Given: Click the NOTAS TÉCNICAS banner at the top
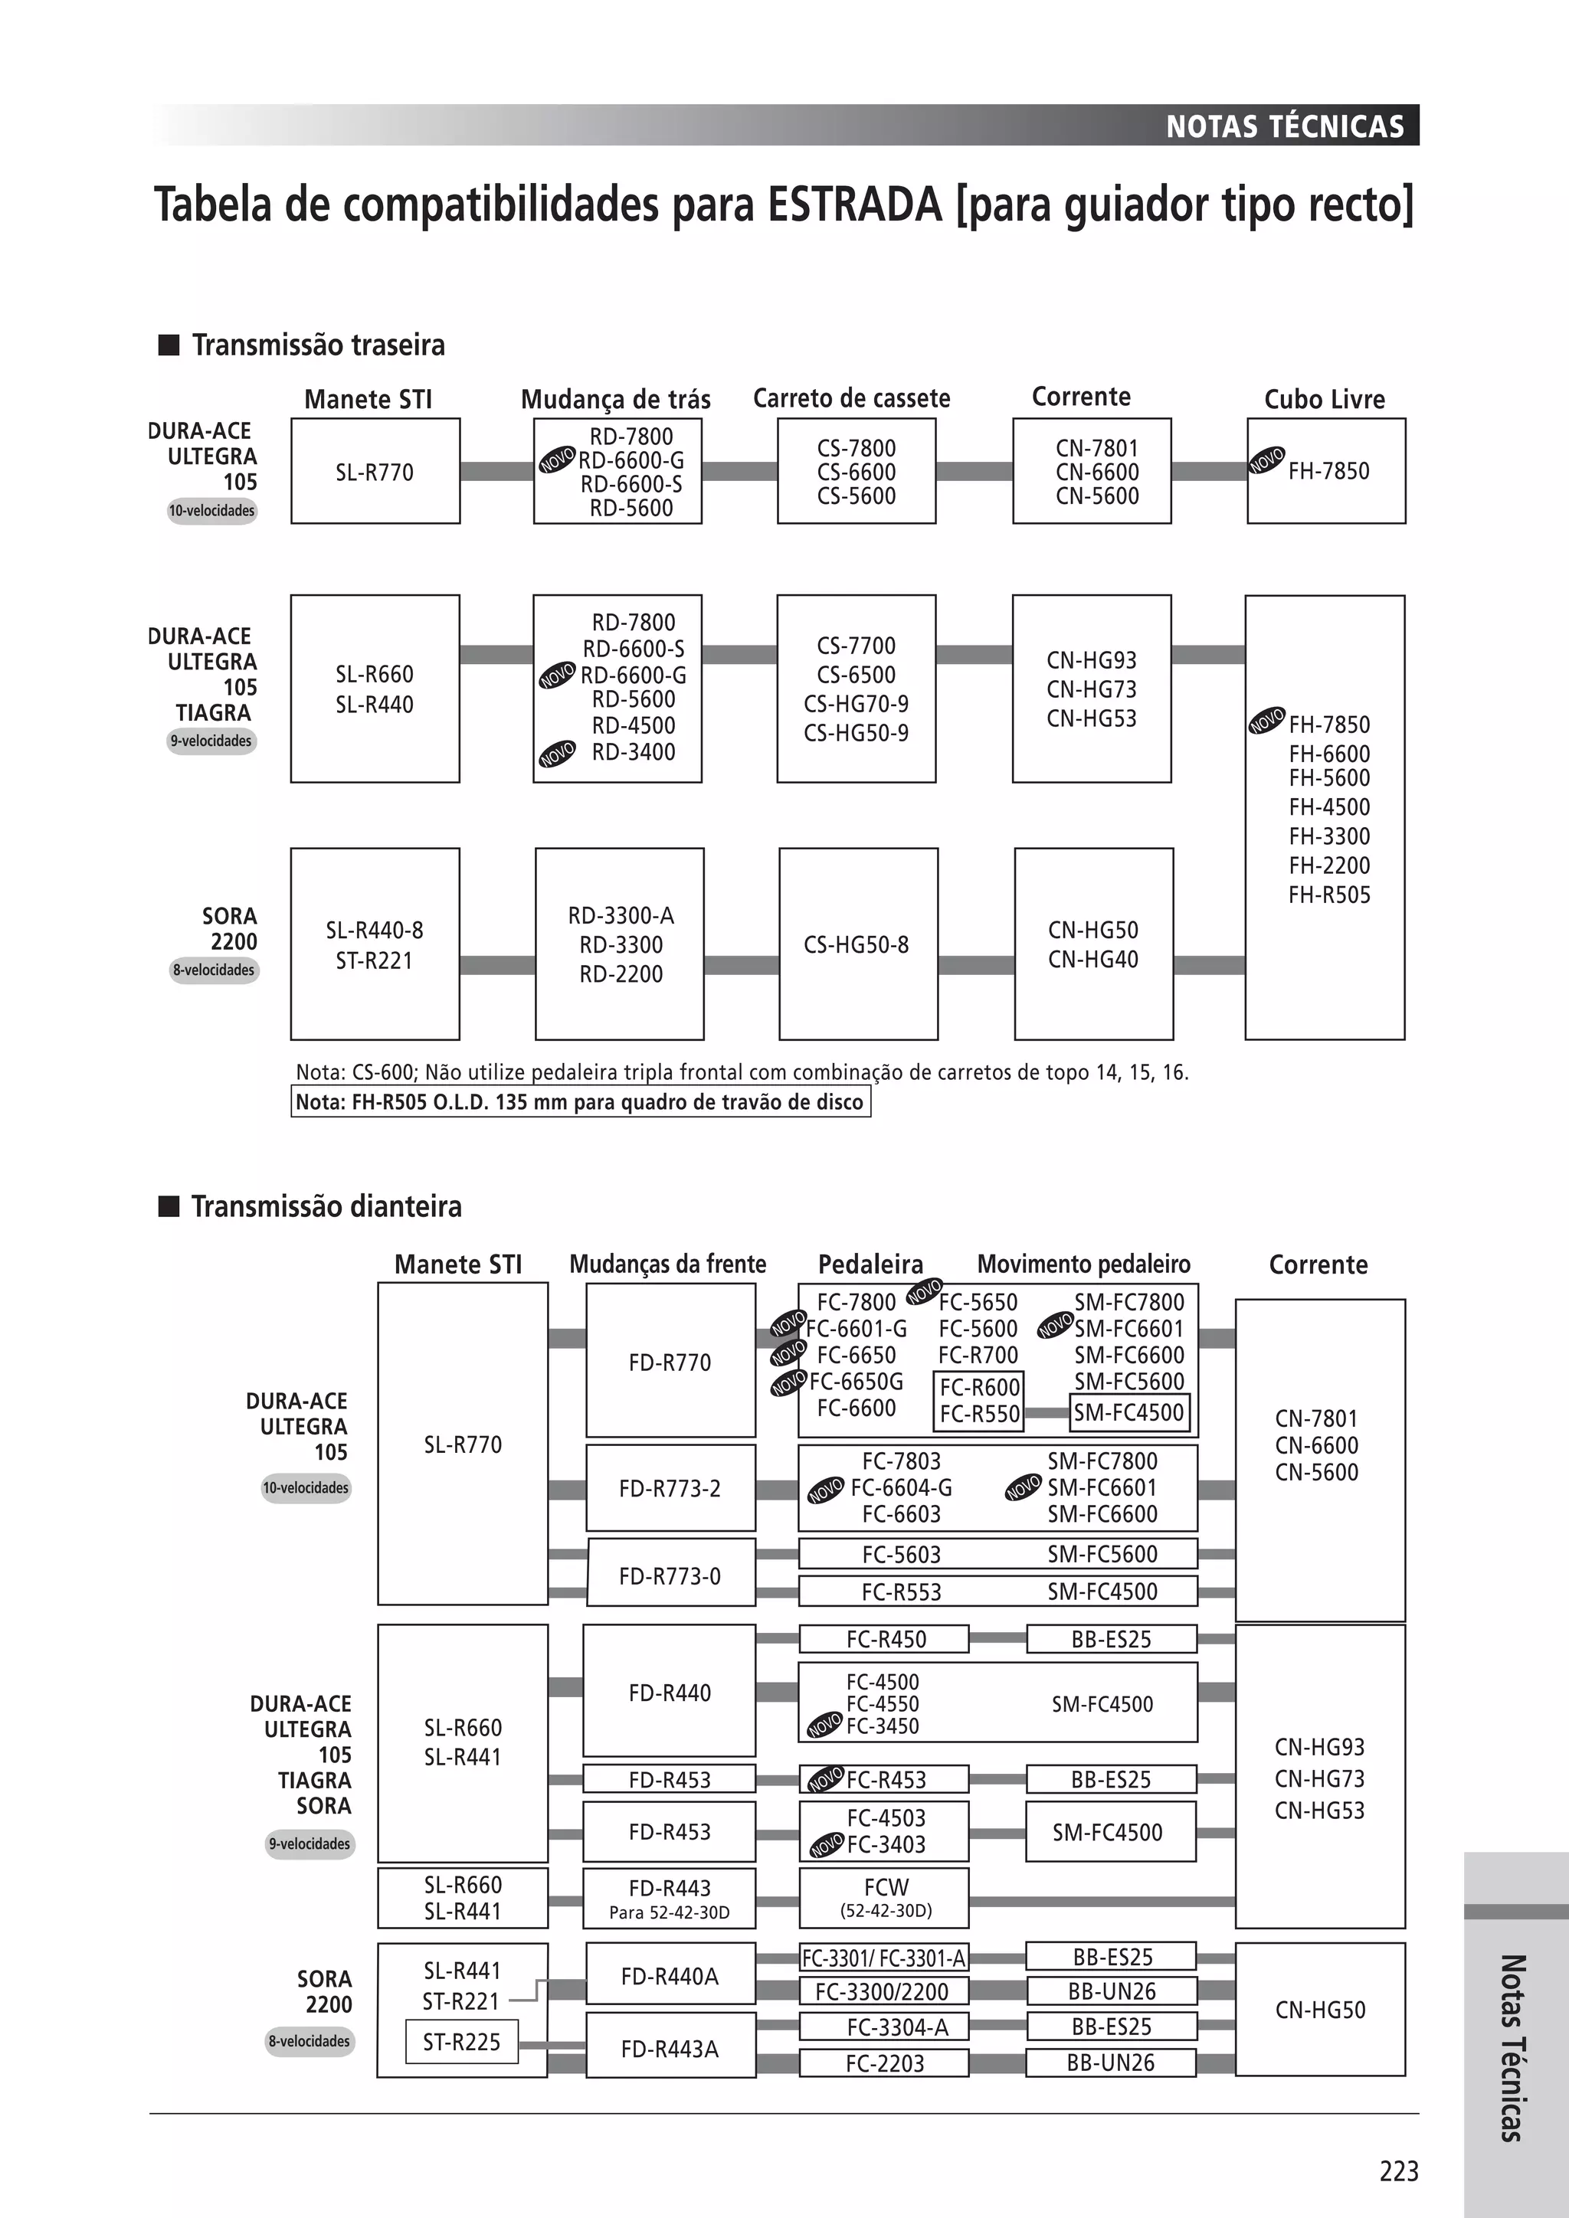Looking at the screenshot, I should pyautogui.click(x=1284, y=126).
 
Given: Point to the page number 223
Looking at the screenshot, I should pyautogui.click(x=1398, y=2171).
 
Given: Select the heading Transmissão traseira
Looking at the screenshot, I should pyautogui.click(x=318, y=345).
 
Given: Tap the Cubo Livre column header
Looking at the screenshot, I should pyautogui.click(x=1324, y=399).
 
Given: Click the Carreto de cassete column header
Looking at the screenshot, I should pyautogui.click(x=851, y=398).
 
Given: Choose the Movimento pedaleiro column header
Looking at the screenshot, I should pyautogui.click(x=1083, y=1264).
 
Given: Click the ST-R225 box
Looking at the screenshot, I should pyautogui.click(x=462, y=2041).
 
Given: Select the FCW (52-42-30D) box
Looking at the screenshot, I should pyautogui.click(x=884, y=1897).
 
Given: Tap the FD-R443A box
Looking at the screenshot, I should pyautogui.click(x=670, y=2048).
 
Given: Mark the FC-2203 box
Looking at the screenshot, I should pyautogui.click(x=884, y=2063).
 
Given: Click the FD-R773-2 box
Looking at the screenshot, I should pyautogui.click(x=670, y=1487).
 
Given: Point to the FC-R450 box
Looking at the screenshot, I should pyautogui.click(x=884, y=1639).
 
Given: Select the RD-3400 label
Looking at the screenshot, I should pyautogui.click(x=634, y=751).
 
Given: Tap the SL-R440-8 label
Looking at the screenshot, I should pyautogui.click(x=374, y=931).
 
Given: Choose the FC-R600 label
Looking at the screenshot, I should pyautogui.click(x=980, y=1387).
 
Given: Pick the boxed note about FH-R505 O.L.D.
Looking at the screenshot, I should pyautogui.click(x=580, y=1102).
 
